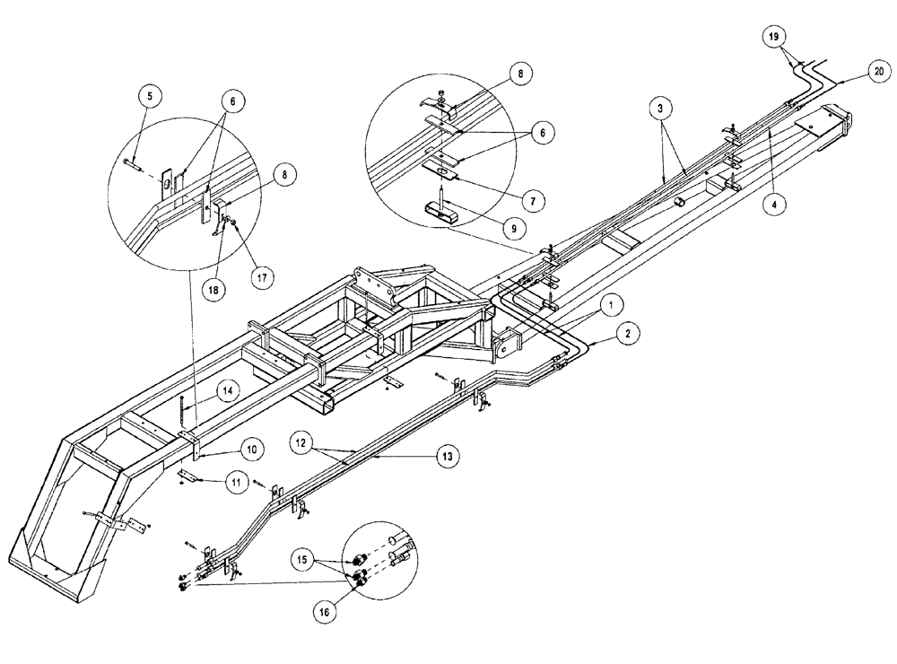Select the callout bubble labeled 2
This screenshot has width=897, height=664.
click(x=628, y=334)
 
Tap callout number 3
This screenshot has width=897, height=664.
click(x=660, y=109)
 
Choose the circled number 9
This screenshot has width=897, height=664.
click(x=514, y=228)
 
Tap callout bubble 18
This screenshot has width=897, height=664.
click(x=213, y=291)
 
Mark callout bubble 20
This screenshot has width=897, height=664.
click(x=876, y=71)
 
